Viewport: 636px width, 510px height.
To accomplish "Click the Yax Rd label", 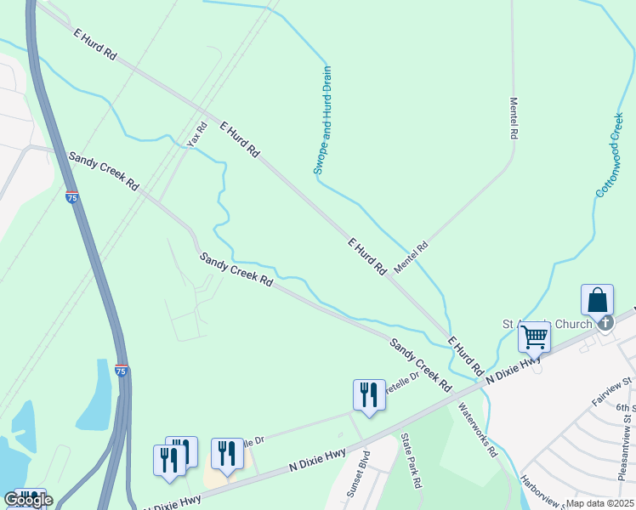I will (197, 133).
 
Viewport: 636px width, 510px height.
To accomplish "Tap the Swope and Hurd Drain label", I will (322, 121).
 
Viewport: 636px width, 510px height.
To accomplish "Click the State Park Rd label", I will (412, 460).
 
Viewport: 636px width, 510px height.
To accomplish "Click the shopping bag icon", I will (598, 302).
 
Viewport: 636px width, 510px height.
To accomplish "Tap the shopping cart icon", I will (535, 337).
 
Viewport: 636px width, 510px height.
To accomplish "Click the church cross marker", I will (605, 322).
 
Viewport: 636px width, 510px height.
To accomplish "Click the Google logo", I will (28, 500).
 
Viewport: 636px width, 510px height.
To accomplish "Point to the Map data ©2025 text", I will (599, 503).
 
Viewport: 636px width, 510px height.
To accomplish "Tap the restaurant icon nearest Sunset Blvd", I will (368, 395).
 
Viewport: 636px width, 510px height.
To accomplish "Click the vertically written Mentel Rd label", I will (514, 117).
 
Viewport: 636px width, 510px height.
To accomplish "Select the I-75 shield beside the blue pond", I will (122, 371).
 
